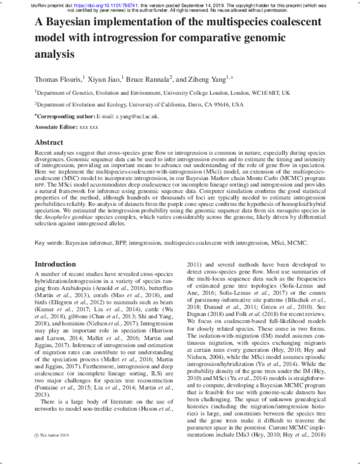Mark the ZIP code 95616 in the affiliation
pyautogui.click(x=205, y=104)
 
